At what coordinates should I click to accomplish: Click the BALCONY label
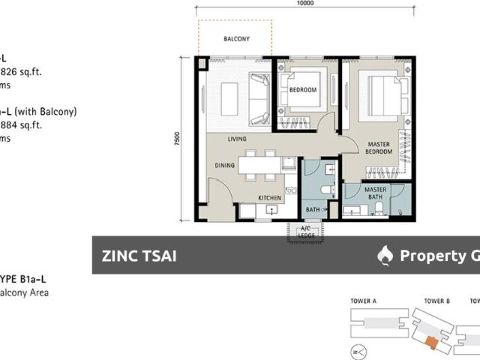(x=236, y=39)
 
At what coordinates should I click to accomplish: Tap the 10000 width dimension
(x=304, y=4)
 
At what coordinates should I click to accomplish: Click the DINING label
(x=226, y=167)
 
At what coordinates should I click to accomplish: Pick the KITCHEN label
(x=269, y=198)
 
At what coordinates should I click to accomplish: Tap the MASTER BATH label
(x=375, y=194)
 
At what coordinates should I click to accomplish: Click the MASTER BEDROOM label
(x=379, y=147)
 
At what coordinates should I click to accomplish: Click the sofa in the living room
(x=259, y=98)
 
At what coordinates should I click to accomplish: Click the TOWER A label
(x=363, y=301)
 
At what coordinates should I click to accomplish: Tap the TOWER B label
(x=436, y=301)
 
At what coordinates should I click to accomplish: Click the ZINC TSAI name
(x=139, y=256)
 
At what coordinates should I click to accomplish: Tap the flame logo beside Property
(x=385, y=256)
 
